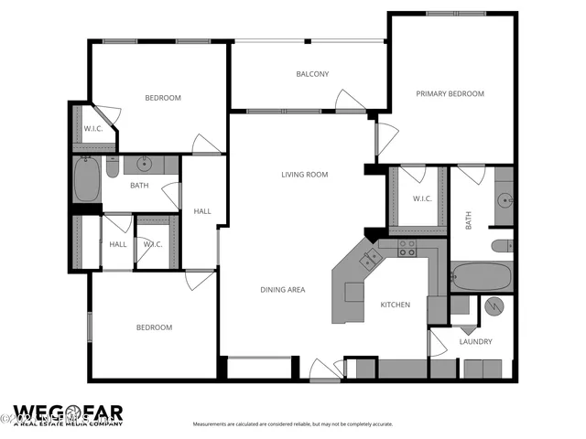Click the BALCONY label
312,75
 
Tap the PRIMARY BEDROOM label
450,94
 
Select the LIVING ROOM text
304,175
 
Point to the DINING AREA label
283,290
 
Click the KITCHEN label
395,305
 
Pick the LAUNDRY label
475,342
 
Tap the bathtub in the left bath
87,180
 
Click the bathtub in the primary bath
481,276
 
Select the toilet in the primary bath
502,245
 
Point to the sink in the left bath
144,165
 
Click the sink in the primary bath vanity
504,198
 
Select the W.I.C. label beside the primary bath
422,199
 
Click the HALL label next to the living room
202,211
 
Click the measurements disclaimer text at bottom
292,424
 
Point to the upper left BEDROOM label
163,98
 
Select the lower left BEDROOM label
154,327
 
